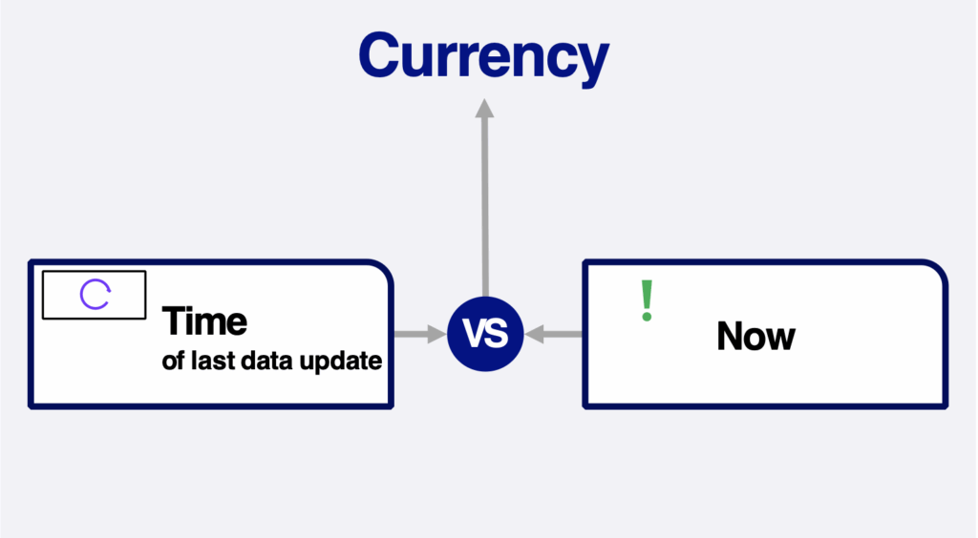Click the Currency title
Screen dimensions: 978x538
coord(483,57)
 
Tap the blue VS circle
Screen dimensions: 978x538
coord(485,335)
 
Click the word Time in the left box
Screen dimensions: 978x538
coord(204,321)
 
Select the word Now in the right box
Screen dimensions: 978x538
coord(756,336)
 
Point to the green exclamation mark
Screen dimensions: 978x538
coord(647,300)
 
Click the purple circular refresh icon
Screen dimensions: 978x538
coord(96,295)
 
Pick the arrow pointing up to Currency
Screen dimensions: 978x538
coord(484,197)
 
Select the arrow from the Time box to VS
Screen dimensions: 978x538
coord(420,335)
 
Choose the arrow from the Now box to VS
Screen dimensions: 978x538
coord(553,335)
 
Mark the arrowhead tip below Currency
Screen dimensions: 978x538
coord(484,99)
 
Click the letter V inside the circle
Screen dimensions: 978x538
coord(474,333)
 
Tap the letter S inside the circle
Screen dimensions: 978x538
coord(497,333)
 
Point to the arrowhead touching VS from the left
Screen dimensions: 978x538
coord(437,335)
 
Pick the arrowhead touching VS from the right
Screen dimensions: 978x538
coord(534,335)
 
